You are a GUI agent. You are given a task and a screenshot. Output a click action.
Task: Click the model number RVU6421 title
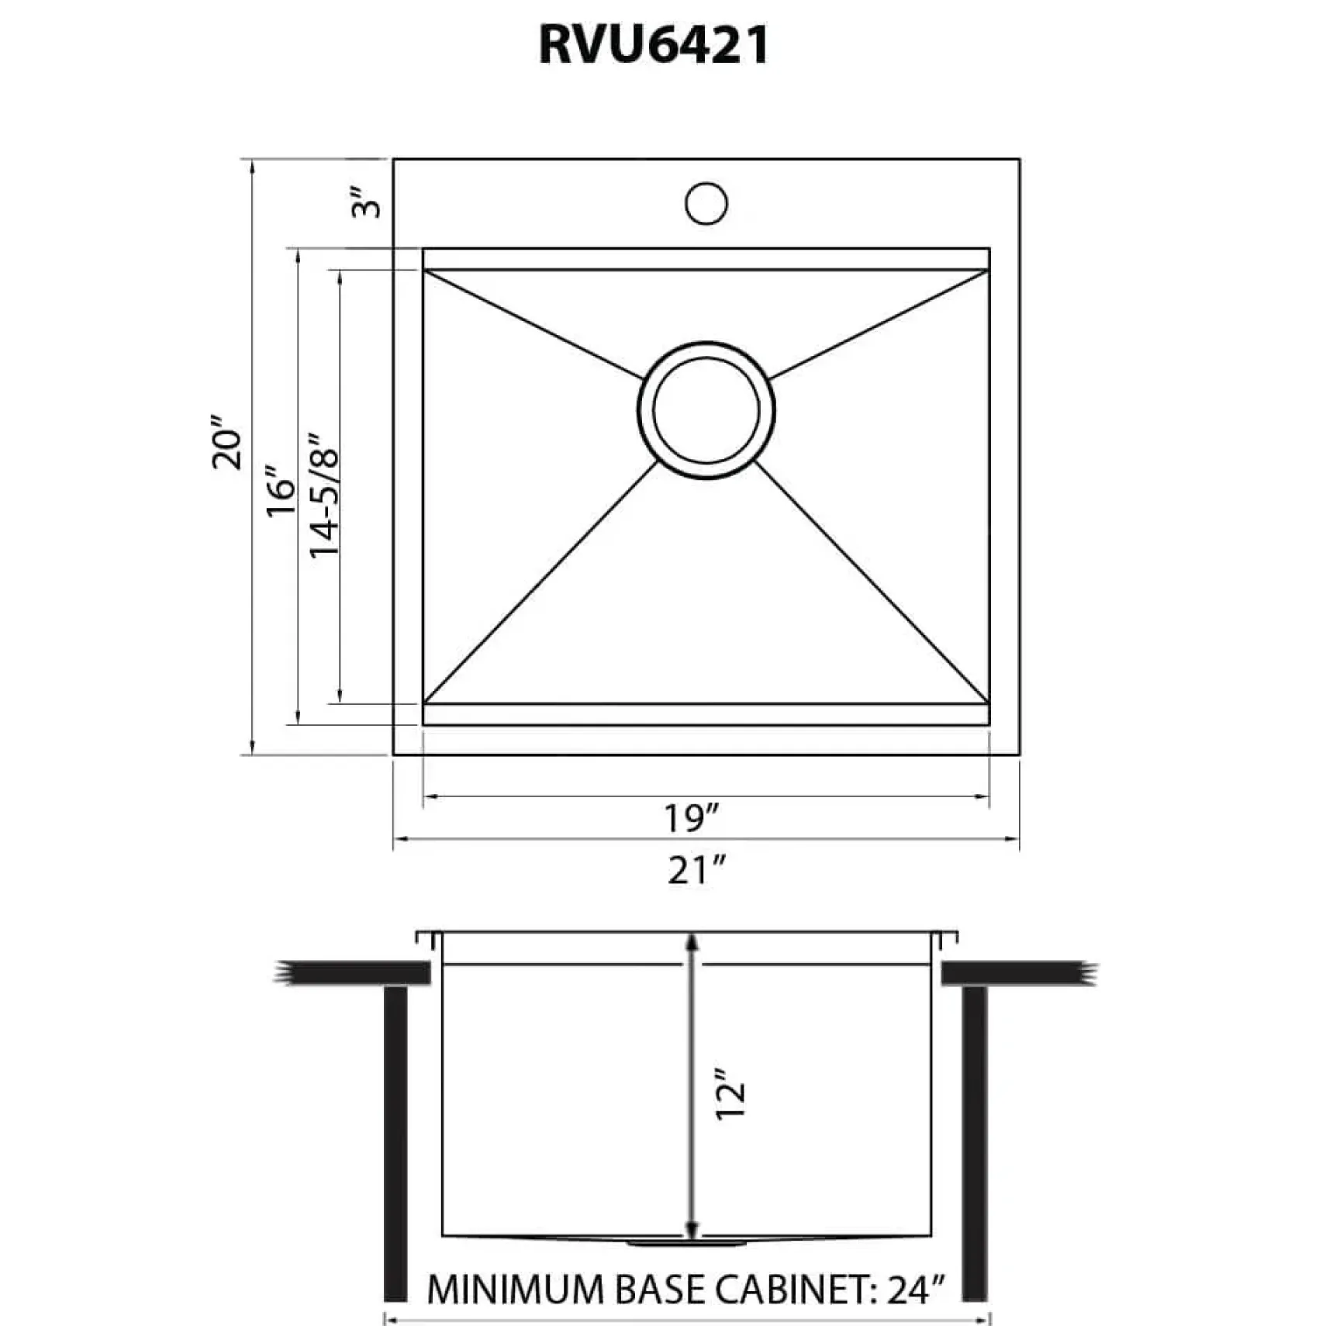pyautogui.click(x=654, y=45)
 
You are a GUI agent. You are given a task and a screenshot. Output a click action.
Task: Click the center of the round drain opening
pyautogui.click(x=706, y=410)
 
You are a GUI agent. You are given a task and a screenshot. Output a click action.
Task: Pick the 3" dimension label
pyautogui.click(x=367, y=202)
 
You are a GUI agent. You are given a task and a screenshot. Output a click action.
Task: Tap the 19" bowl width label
pyautogui.click(x=692, y=818)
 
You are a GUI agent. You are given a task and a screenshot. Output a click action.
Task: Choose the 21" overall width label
pyautogui.click(x=697, y=870)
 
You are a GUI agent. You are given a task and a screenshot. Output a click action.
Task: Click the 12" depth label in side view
pyautogui.click(x=730, y=1093)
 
